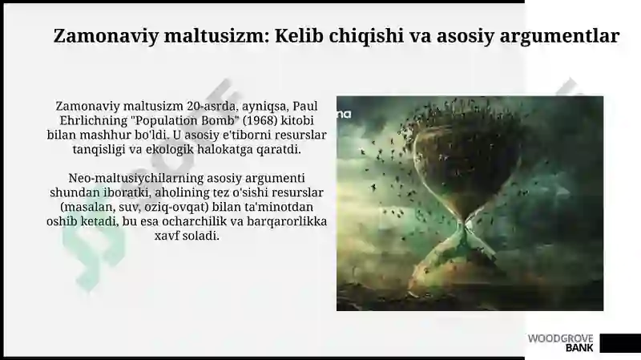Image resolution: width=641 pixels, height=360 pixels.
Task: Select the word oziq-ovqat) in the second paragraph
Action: click(x=175, y=208)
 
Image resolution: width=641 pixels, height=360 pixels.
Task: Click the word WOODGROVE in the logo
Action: click(x=560, y=338)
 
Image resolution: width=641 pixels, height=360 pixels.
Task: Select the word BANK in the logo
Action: click(x=579, y=348)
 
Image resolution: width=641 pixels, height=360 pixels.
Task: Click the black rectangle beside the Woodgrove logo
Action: click(x=620, y=343)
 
